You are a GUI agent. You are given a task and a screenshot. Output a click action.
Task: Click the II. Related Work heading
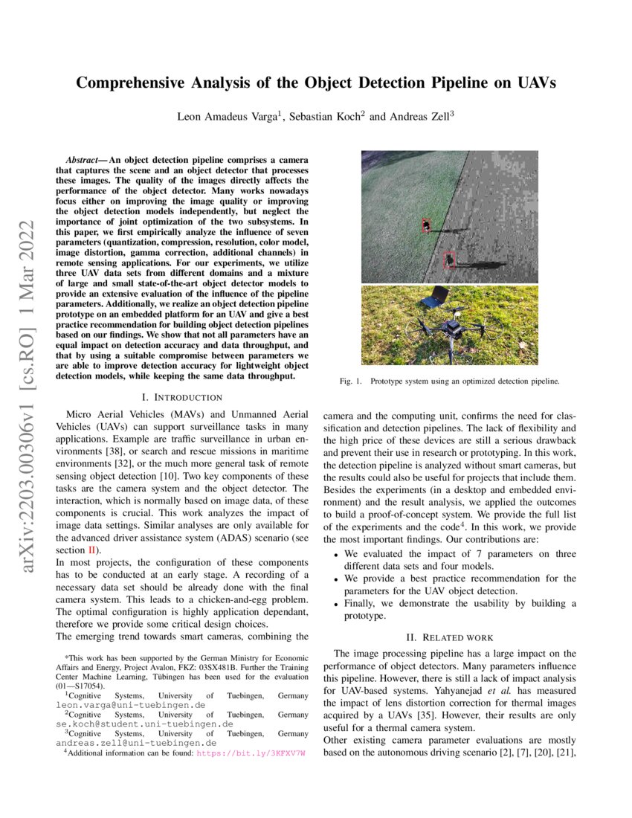[448, 637]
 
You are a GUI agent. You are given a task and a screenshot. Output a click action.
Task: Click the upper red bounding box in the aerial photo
[426, 226]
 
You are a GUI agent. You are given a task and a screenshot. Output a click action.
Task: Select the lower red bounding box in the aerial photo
[449, 260]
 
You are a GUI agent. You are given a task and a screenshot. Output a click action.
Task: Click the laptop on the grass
[435, 299]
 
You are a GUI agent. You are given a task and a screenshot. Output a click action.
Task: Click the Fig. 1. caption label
[350, 381]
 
